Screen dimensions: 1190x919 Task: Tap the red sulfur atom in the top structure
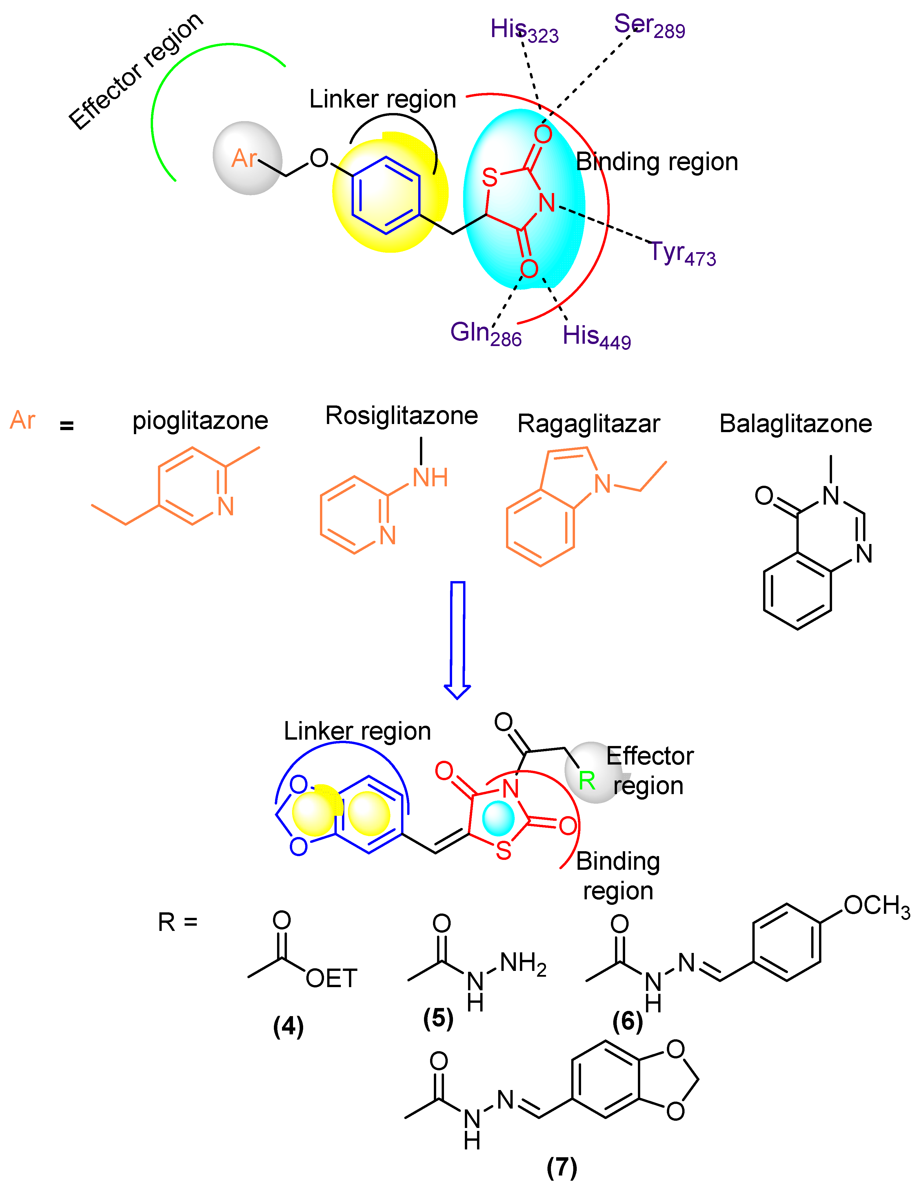[490, 178]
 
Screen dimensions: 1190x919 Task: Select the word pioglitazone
[200, 421]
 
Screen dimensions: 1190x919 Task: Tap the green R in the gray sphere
[587, 781]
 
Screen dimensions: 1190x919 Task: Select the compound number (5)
[438, 1018]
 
